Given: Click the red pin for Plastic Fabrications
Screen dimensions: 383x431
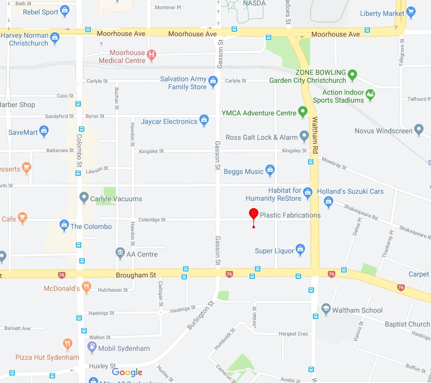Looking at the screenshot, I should pos(253,214).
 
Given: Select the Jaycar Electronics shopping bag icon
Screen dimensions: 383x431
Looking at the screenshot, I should pos(204,120).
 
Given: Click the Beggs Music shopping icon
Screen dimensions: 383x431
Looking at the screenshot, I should pos(270,171).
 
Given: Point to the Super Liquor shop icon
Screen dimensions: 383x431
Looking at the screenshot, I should pos(300,250).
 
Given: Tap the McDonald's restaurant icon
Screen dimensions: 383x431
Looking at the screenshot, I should pos(87,288).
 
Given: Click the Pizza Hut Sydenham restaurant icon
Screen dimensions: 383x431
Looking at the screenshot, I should pos(68,344).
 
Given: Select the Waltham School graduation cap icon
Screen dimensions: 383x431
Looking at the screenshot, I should pos(326,310).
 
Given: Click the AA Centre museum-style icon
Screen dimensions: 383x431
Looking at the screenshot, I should pos(120,254).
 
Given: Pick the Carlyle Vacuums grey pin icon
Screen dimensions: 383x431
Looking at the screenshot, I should pos(84,198).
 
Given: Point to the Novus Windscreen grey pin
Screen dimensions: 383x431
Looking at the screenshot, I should pos(419,130).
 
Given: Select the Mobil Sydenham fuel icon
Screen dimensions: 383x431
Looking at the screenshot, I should pos(92,348).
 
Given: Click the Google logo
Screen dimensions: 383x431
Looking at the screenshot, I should pos(127,373).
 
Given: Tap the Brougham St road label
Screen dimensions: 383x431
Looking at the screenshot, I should pos(136,275).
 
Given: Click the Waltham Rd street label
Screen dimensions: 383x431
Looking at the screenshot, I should pos(314,135).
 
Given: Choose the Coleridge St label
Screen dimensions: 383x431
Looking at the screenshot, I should pos(152,220).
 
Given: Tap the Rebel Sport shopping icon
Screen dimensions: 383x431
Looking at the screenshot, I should pos(64,11).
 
